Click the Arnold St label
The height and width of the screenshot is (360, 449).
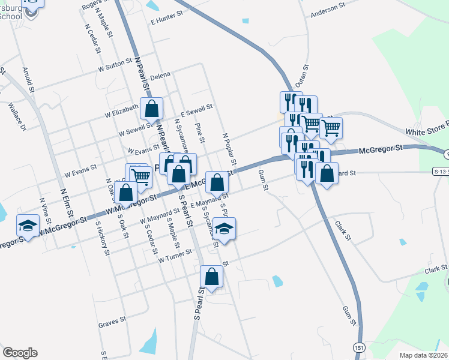27,76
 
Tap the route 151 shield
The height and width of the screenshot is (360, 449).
359,347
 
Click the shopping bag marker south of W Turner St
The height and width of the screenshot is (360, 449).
211,277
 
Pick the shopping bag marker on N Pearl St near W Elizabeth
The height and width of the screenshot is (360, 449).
152,109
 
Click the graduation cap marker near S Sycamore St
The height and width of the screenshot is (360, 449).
224,229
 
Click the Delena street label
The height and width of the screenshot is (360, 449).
160,74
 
